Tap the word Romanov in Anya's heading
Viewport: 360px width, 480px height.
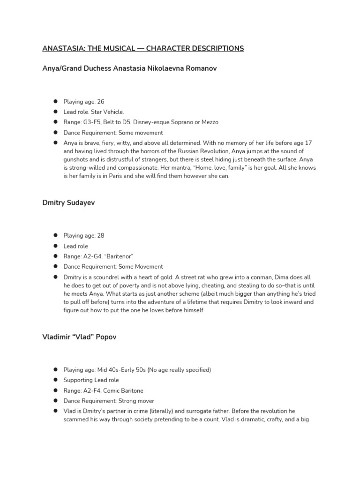200,68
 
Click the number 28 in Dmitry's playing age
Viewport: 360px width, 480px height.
100,235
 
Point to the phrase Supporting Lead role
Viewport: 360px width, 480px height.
91,380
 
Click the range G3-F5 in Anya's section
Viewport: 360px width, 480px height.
94,122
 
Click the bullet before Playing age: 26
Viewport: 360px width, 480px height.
55,101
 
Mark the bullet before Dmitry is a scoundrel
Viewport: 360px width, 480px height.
55,277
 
